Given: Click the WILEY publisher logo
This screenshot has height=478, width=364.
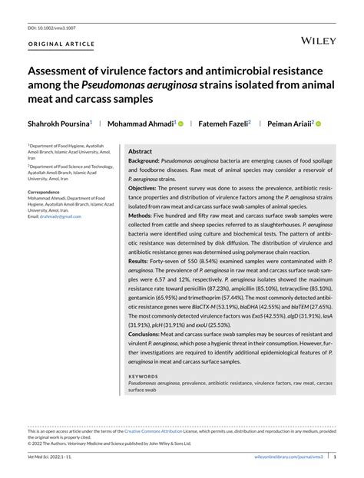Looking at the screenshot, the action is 316,38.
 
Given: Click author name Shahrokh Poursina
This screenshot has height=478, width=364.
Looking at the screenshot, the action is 58,123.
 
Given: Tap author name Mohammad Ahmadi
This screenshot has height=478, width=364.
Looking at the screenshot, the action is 141,123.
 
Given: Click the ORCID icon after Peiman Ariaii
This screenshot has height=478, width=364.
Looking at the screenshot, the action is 318,123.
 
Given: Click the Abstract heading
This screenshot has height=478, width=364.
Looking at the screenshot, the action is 140,152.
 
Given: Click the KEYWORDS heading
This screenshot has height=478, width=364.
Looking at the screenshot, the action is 144,376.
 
